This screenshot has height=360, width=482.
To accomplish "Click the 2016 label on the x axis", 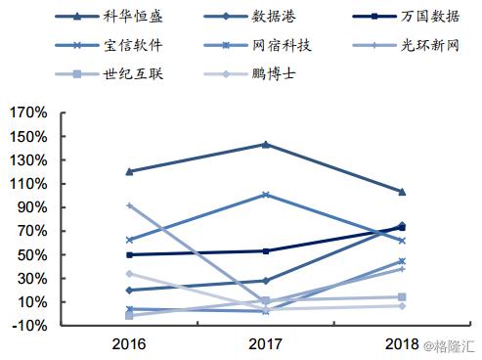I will click(x=129, y=344).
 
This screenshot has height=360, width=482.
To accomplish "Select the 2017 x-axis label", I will click(x=266, y=344).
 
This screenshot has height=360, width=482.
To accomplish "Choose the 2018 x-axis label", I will click(x=402, y=344).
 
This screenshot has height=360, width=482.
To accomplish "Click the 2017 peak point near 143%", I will click(x=266, y=145).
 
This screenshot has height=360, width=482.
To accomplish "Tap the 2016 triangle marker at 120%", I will click(x=129, y=171).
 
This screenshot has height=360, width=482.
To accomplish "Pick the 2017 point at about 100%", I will click(x=266, y=195).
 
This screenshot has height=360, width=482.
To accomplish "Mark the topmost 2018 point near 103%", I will click(x=402, y=192).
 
